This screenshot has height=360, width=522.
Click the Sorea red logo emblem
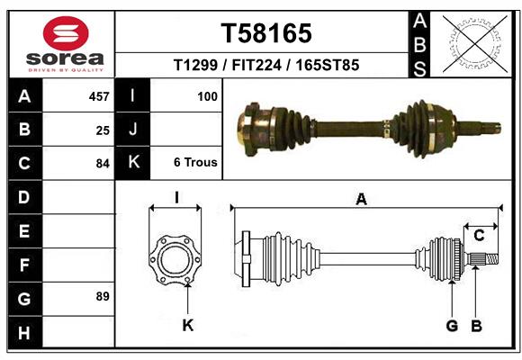pyautogui.click(x=66, y=33)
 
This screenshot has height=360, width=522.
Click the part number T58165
pyautogui.click(x=266, y=33)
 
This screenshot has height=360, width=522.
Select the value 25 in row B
pyautogui.click(x=102, y=130)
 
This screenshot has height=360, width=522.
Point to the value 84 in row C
pyautogui.click(x=102, y=164)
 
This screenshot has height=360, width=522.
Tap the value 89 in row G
pyautogui.click(x=102, y=296)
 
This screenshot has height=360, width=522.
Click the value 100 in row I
pyautogui.click(x=207, y=96)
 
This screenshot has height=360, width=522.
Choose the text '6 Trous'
pyautogui.click(x=195, y=163)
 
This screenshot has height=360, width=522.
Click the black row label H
pyautogui.click(x=23, y=334)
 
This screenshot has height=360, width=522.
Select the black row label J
pyautogui.click(x=133, y=130)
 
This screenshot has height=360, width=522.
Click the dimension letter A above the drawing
pyautogui.click(x=361, y=199)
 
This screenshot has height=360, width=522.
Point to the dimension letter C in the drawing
pyautogui.click(x=480, y=236)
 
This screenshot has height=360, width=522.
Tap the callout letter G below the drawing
pyautogui.click(x=452, y=325)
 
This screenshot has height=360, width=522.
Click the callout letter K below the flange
pyautogui.click(x=188, y=325)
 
